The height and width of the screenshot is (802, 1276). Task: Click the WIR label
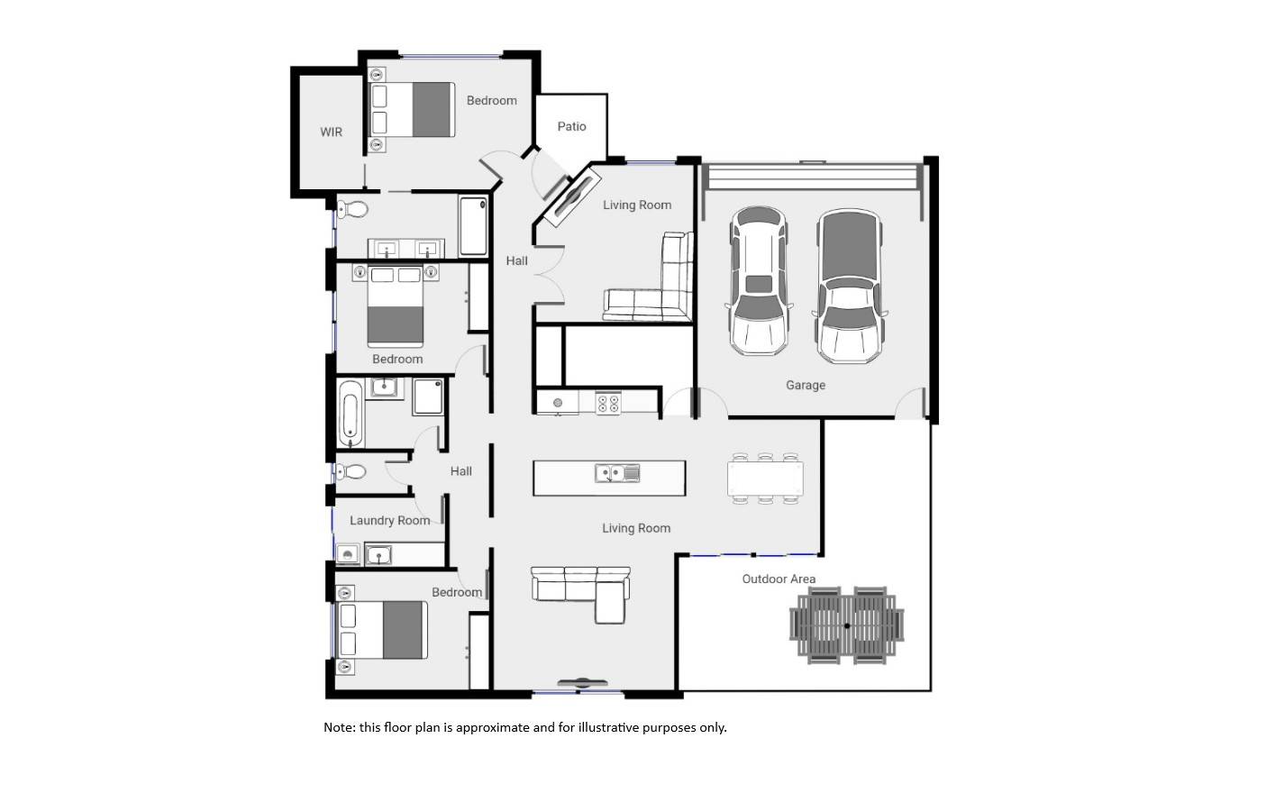pyautogui.click(x=331, y=132)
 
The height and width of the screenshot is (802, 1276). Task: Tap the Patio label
pyautogui.click(x=571, y=127)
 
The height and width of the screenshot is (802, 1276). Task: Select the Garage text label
pyautogui.click(x=805, y=386)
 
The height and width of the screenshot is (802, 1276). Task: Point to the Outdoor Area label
pyautogui.click(x=779, y=579)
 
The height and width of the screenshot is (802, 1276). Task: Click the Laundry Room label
pyautogui.click(x=389, y=521)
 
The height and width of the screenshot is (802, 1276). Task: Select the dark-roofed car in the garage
pyautogui.click(x=848, y=286)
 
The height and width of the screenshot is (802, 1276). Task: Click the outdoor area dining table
pyautogui.click(x=847, y=625)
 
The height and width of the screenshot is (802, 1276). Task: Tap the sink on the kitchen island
pyautogui.click(x=617, y=473)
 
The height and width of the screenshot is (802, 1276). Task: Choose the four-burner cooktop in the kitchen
pyautogui.click(x=608, y=403)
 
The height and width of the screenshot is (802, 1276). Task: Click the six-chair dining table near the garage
pyautogui.click(x=765, y=478)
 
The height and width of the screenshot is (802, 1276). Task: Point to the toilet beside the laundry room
pyautogui.click(x=351, y=472)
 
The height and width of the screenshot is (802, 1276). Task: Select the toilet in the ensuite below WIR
pyautogui.click(x=354, y=210)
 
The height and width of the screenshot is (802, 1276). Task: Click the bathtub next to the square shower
pyautogui.click(x=351, y=414)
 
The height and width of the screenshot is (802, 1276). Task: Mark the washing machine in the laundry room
pyautogui.click(x=348, y=554)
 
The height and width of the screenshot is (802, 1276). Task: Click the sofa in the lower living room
pyautogui.click(x=581, y=591)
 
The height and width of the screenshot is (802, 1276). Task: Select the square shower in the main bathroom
pyautogui.click(x=428, y=396)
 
